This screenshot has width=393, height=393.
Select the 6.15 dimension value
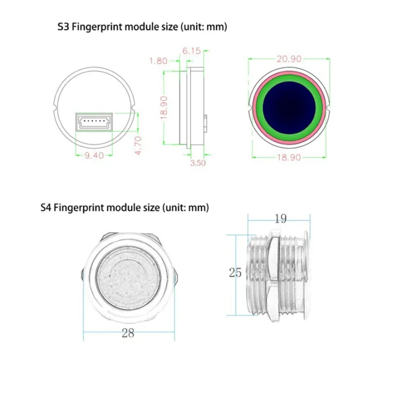192,50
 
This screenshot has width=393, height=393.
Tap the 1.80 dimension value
158,61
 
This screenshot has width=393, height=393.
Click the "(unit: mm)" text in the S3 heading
203,26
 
